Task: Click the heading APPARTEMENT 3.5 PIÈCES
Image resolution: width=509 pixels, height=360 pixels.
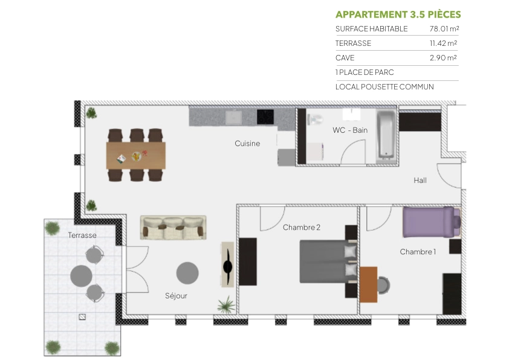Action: coord(398,14)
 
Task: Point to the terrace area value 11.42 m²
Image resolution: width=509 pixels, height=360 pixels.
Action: coord(443,43)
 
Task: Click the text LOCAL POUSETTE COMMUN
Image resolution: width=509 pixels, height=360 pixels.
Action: coord(384,87)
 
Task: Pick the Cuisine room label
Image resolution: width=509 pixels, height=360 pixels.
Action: coord(247,144)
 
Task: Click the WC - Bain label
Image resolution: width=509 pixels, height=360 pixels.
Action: coord(349,130)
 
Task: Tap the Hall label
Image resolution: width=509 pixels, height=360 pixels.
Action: coord(420,180)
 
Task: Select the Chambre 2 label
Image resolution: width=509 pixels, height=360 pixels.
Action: coord(301,228)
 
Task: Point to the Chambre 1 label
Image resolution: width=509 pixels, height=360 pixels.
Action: coord(417,252)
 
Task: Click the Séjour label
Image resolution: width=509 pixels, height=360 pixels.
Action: coord(176,296)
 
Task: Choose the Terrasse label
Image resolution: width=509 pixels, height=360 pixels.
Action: coord(82,236)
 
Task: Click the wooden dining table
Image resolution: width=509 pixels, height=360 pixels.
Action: coord(136,155)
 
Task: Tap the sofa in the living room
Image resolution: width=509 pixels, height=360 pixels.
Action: coord(173,228)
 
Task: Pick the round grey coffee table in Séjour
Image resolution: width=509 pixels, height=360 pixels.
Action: coord(187,273)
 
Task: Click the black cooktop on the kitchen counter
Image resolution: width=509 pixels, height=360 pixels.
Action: coord(265,116)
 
